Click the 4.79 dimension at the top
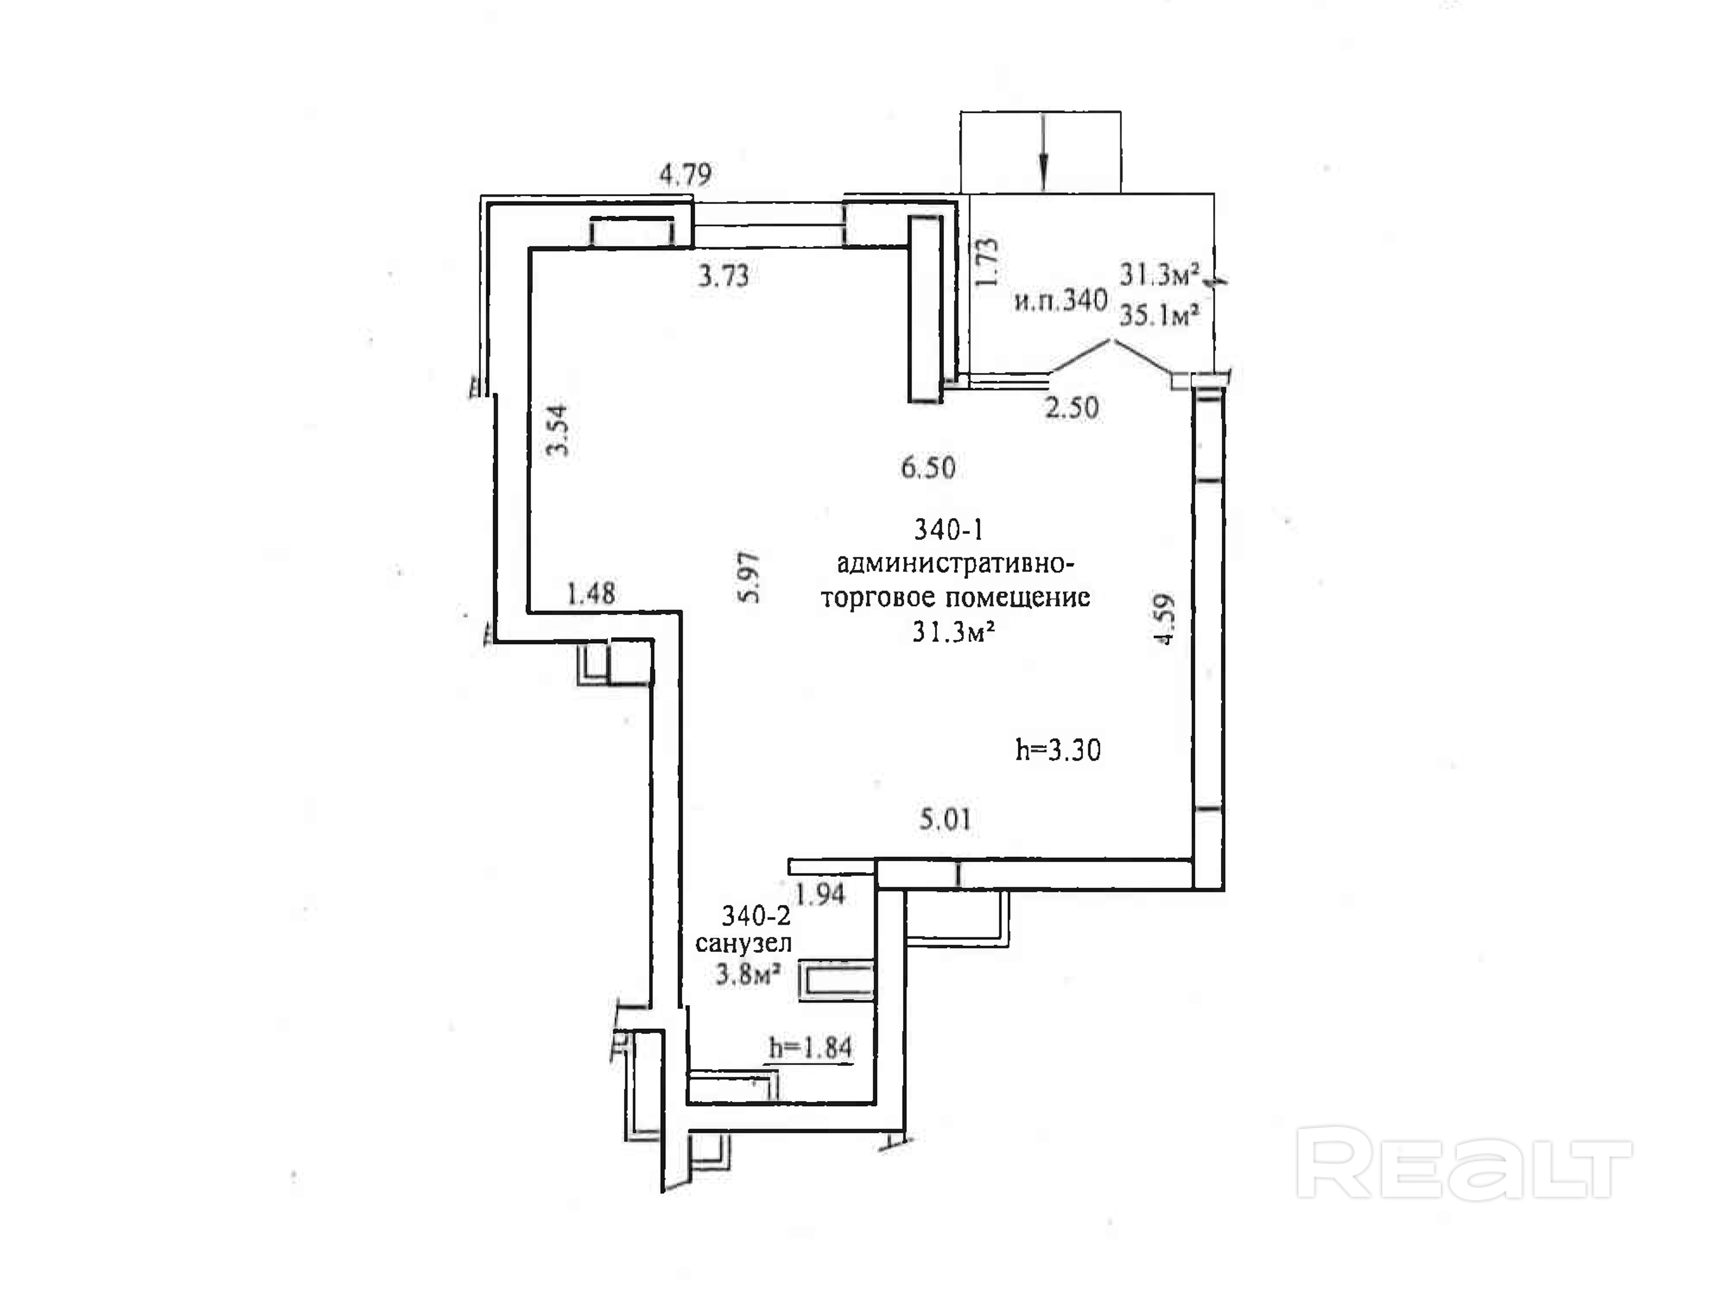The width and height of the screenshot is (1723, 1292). [x=685, y=174]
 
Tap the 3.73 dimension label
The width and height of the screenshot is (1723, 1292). [x=723, y=276]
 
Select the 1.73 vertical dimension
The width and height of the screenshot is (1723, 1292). [x=987, y=262]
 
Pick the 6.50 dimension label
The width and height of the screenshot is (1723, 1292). [x=928, y=467]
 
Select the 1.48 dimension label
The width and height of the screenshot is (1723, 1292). [x=591, y=594]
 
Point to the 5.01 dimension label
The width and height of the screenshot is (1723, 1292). [x=945, y=820]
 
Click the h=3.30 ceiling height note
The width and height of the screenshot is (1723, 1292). [x=1058, y=750]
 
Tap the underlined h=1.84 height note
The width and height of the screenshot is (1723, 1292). [x=810, y=1048]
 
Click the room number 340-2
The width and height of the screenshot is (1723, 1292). [x=756, y=915]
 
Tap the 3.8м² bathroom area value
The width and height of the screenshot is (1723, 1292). [x=748, y=973]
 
